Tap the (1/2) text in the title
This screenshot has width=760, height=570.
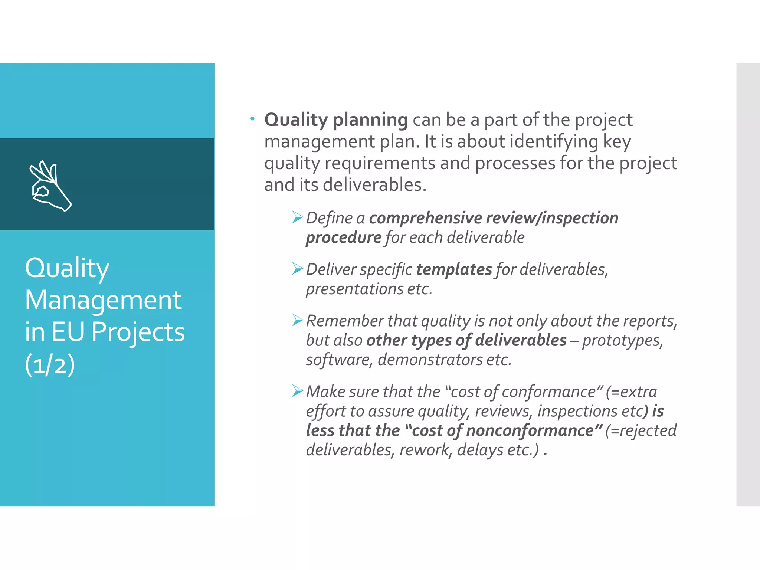point(50,364)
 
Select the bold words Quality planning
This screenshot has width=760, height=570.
point(336,120)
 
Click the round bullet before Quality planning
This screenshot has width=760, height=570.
point(252,119)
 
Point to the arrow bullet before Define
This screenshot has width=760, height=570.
point(297,217)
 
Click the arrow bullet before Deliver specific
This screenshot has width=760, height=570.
point(297,269)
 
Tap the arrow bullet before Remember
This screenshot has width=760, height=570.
point(297,320)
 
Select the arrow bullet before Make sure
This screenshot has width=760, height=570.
point(297,391)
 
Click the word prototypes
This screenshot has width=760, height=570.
point(622,341)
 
